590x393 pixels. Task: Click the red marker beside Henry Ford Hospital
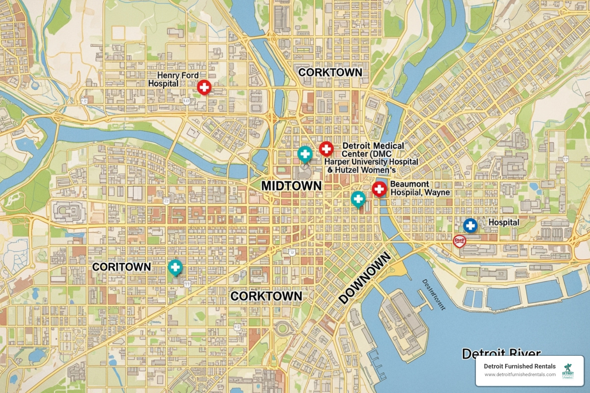(204, 87)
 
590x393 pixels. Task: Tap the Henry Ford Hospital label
(174, 79)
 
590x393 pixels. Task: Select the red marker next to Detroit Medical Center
(326, 149)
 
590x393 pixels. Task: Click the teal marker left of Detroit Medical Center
(305, 154)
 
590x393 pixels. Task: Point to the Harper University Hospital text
(371, 162)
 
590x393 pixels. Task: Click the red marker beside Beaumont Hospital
(379, 189)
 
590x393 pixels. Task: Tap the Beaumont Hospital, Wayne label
(420, 188)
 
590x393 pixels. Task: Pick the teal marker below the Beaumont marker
(358, 199)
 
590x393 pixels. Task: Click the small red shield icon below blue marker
(459, 241)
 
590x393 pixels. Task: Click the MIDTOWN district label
(291, 186)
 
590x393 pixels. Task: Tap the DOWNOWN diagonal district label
(365, 278)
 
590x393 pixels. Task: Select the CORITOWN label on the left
(121, 267)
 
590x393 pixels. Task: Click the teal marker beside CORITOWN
(175, 267)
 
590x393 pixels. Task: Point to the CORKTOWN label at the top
(330, 73)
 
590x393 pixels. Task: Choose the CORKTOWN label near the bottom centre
(266, 296)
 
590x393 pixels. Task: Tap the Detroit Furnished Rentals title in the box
(519, 366)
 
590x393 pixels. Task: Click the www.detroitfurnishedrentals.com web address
(520, 375)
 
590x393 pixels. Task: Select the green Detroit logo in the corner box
(568, 371)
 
